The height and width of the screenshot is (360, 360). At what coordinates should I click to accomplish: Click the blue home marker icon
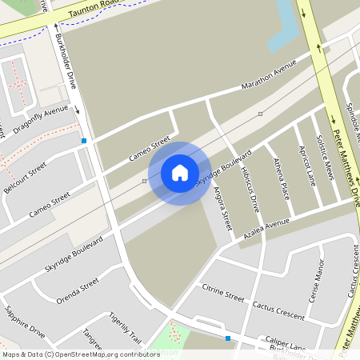[x=180, y=173]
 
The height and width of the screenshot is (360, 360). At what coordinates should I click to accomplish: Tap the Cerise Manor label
[x=314, y=284]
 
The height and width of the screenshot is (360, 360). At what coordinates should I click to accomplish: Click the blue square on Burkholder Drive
[x=83, y=141]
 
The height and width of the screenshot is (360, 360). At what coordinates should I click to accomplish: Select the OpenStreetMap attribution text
[x=81, y=354]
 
